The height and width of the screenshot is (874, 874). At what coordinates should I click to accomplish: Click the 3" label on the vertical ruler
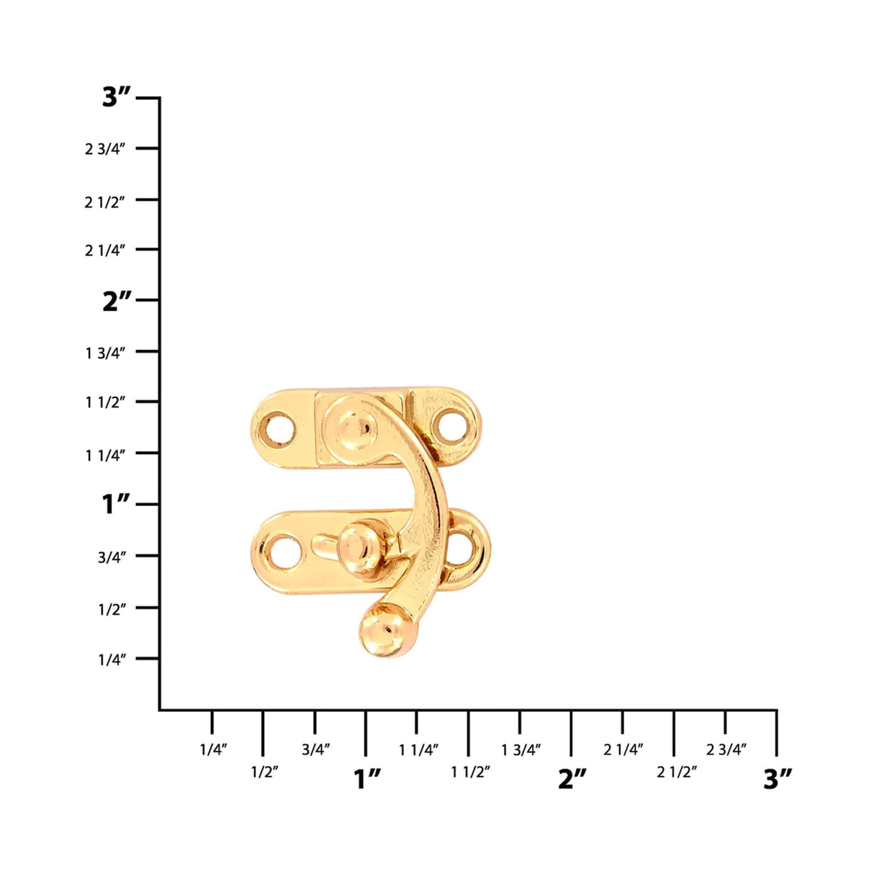[117, 96]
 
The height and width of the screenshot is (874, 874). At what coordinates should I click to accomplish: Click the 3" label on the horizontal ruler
[778, 778]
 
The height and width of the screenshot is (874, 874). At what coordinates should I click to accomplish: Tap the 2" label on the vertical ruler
[117, 300]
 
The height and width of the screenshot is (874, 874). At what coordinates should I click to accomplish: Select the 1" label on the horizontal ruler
[367, 778]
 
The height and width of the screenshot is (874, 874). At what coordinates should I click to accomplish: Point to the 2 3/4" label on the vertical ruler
[105, 149]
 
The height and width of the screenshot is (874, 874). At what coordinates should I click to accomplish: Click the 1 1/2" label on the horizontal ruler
[470, 772]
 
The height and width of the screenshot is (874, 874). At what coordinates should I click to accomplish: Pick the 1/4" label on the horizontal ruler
[213, 749]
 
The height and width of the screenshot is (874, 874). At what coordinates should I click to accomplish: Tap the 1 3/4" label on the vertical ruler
[105, 353]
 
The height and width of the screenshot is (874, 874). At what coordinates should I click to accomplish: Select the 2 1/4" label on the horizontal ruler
[623, 749]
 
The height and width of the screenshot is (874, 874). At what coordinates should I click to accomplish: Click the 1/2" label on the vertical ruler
[112, 609]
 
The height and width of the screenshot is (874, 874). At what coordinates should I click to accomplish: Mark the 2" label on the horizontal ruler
[572, 778]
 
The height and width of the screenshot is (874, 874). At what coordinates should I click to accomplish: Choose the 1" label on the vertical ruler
[117, 504]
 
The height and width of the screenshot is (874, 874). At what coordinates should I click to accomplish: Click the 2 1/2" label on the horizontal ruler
[677, 772]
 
